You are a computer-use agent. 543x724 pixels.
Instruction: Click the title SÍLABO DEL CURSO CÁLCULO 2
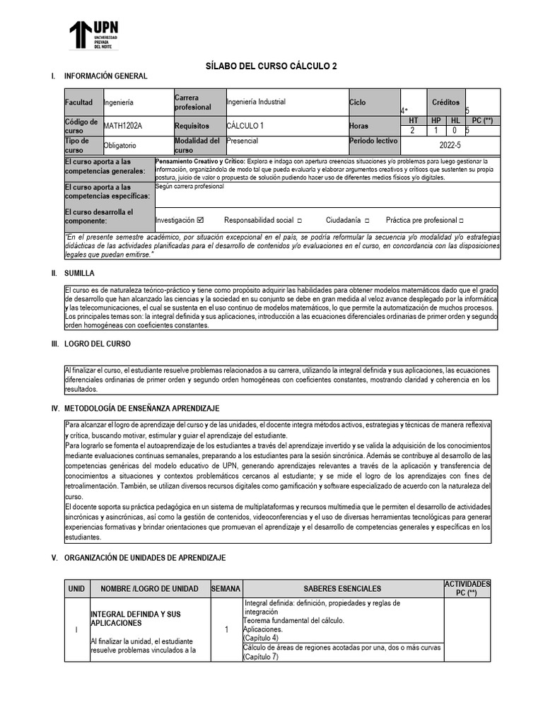271,66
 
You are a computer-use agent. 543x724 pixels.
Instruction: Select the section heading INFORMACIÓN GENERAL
105,76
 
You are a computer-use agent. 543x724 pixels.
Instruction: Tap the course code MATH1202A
123,126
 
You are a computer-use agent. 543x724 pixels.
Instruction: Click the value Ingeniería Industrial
256,102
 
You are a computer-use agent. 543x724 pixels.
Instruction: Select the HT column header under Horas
413,121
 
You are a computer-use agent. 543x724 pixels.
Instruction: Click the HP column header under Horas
436,121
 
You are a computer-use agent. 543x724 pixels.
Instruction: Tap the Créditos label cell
446,102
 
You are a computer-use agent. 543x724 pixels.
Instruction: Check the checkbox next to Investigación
200,220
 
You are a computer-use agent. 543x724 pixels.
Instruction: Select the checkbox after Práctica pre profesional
461,221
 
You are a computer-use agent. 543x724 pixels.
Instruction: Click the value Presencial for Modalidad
243,141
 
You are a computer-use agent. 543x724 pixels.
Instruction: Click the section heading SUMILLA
80,273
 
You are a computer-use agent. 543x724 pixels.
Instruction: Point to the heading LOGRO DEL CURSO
97,344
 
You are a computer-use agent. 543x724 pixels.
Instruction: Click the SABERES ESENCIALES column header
342,588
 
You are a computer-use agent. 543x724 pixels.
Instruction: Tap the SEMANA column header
226,588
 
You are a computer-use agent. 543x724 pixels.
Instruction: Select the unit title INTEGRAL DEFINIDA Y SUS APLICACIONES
135,619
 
